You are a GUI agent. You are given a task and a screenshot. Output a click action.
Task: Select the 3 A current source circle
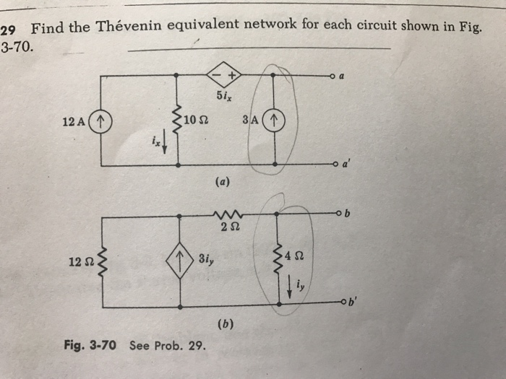[x=275, y=119]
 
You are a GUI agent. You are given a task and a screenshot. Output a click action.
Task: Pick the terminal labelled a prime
[x=332, y=166]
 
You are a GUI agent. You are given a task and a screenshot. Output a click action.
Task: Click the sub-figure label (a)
[x=223, y=182]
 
